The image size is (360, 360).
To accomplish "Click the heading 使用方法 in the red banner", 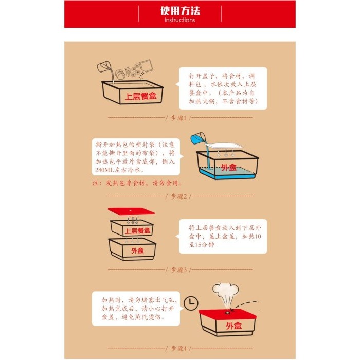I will click(x=179, y=11).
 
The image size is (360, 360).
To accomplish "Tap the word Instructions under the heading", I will click(x=179, y=20).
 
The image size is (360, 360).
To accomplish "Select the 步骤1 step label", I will click(x=180, y=118).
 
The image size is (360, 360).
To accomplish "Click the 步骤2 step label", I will click(x=180, y=196).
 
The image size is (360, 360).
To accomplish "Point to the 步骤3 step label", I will click(x=180, y=269).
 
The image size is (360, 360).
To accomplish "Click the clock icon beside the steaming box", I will click(x=192, y=302).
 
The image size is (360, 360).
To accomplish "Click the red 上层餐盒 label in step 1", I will click(x=140, y=96).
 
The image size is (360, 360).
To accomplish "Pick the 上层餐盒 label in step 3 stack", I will click(x=138, y=231).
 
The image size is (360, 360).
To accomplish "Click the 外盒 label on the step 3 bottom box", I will click(x=137, y=250).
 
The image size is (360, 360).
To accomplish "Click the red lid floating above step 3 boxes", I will click(x=132, y=213).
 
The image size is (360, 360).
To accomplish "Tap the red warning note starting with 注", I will click(x=137, y=183).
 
